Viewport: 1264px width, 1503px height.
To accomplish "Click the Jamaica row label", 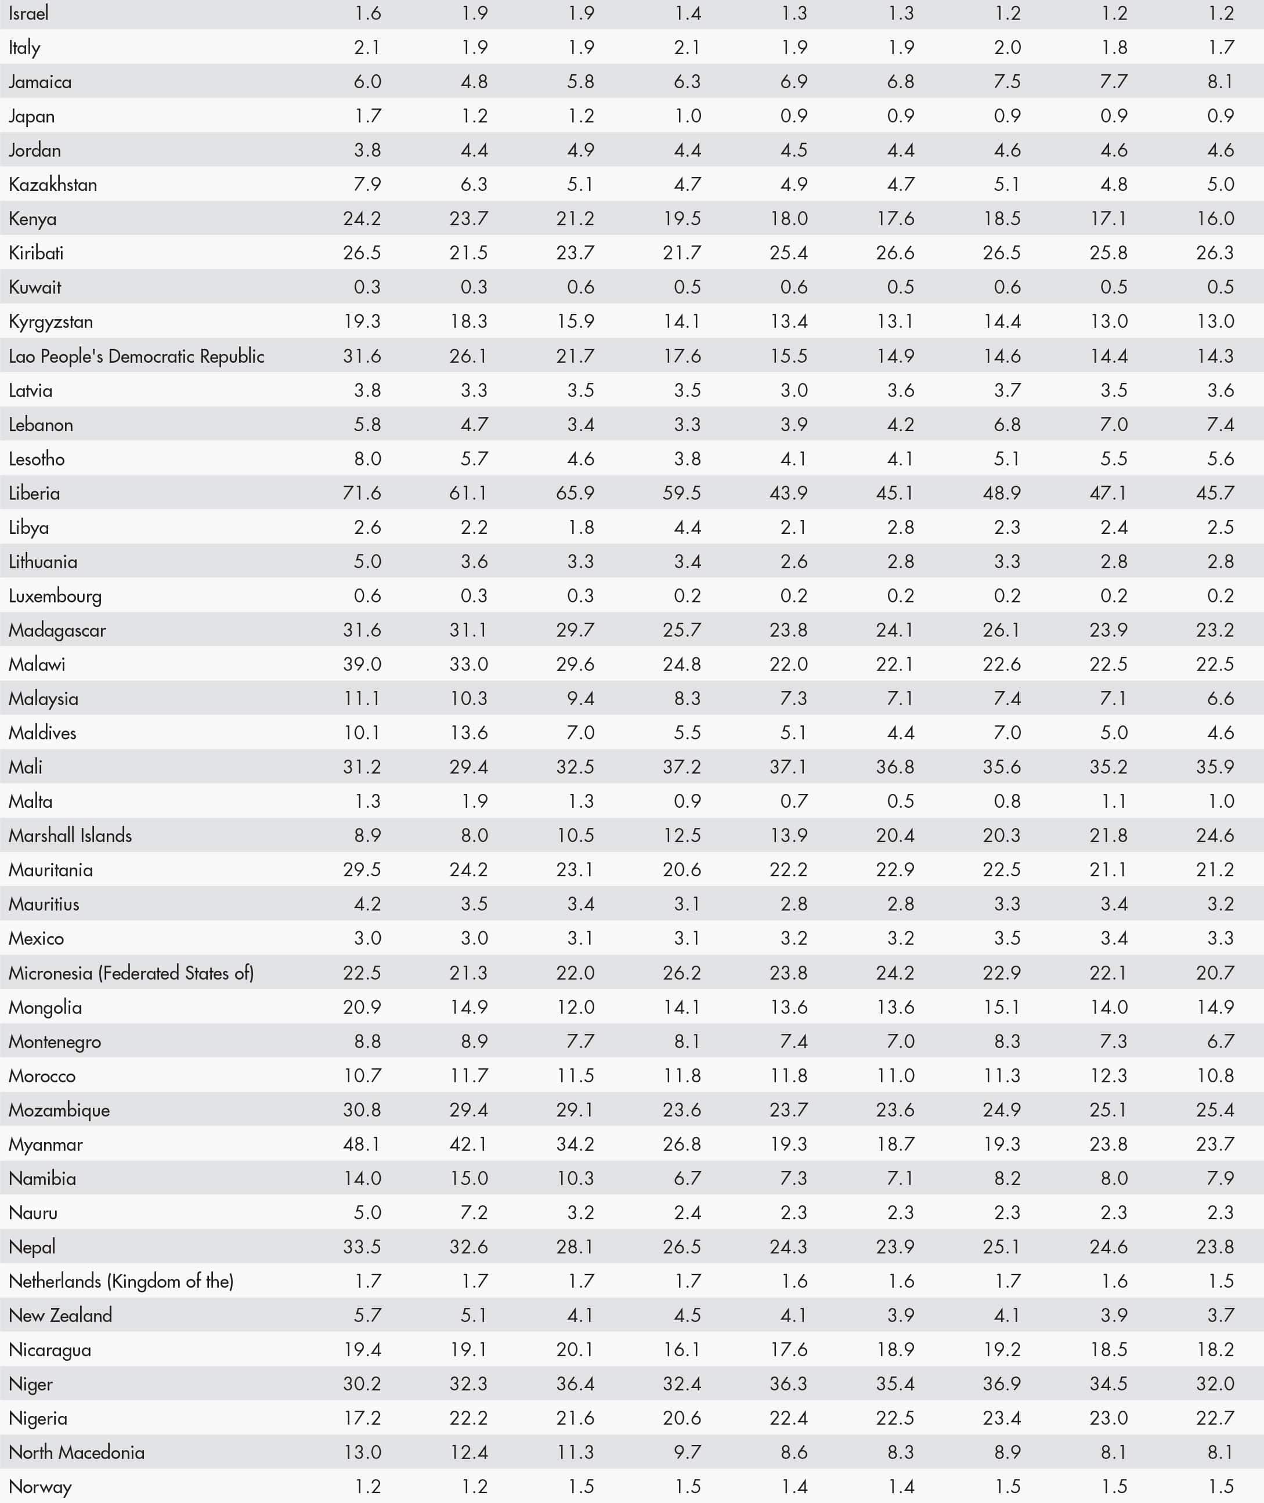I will pos(40,82).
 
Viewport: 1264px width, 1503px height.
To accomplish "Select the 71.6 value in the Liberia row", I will pos(362,493).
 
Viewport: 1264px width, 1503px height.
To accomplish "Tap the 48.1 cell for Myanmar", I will pos(362,1144).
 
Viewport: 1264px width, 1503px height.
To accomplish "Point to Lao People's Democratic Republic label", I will pos(136,356).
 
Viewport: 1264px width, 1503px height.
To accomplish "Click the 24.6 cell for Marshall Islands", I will pos(1215,835).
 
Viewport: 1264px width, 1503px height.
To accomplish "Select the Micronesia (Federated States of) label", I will pos(131,973).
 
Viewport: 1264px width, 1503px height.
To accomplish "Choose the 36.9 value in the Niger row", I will pos(1002,1384).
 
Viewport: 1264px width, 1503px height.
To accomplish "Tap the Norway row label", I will pos(40,1487).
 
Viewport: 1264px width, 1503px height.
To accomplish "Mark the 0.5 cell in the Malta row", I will pos(901,801).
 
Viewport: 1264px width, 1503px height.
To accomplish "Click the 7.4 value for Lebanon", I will pos(1220,425).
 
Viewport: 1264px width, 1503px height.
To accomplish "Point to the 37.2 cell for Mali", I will pos(681,767).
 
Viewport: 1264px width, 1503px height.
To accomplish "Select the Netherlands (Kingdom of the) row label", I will pos(121,1281).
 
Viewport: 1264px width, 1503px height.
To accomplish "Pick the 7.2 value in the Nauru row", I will pos(474,1213).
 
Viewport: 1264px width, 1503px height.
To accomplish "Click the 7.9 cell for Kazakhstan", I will pos(367,184).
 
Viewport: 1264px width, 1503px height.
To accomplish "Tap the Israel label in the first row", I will pos(28,13).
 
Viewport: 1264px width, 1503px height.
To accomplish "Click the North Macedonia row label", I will pos(77,1452).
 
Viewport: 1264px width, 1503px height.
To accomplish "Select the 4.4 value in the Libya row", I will pos(687,528).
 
